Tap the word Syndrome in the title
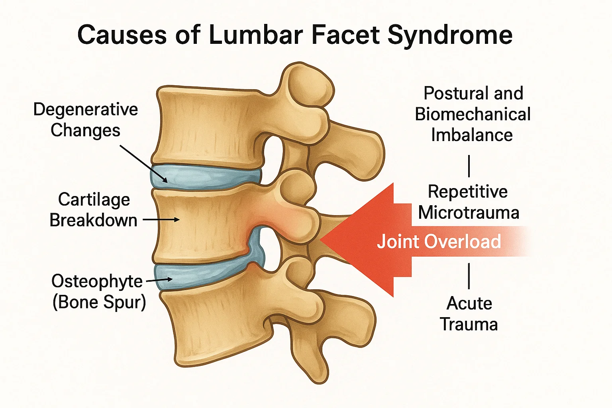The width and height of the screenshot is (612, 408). tap(450, 35)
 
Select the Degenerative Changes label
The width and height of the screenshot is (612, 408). tap(85, 120)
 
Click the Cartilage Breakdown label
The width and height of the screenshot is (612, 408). tap(94, 210)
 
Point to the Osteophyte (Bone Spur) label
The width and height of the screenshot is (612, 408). tap(98, 292)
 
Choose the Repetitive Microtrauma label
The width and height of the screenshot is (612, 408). tap(468, 202)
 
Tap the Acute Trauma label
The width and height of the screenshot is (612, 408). tap(469, 314)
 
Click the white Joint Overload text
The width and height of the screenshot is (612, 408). tap(439, 241)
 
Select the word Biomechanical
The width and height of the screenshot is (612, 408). tap(473, 114)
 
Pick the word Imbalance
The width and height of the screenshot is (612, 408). tap(472, 135)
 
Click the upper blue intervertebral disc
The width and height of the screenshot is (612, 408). tap(205, 177)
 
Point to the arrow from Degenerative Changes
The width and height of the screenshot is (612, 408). tap(143, 164)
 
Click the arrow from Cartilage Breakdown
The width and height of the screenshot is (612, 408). tap(161, 220)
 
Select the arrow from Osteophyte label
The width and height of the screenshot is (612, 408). tap(159, 280)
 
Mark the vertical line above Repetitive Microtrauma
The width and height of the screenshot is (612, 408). tap(469, 166)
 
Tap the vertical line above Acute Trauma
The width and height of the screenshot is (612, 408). tap(469, 275)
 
